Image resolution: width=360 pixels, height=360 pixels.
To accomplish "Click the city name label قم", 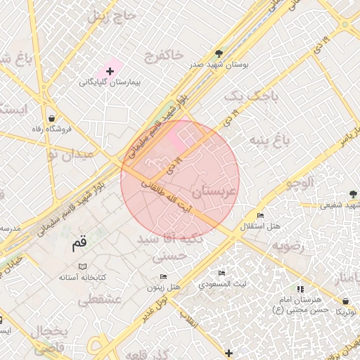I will click(79, 245).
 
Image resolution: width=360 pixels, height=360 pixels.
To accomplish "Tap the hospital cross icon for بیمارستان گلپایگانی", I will click(110, 71).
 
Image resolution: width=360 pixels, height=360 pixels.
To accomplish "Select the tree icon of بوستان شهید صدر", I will click(220, 53).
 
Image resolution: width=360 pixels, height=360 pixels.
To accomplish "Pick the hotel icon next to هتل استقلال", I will click(261, 215).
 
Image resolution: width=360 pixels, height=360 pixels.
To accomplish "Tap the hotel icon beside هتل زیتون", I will click(164, 276).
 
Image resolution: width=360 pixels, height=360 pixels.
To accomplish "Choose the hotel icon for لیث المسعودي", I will click(222, 274).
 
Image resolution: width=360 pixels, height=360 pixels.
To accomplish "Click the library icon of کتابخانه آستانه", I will click(83, 267).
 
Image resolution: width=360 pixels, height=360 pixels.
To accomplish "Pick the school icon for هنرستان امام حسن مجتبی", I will click(300, 289).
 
